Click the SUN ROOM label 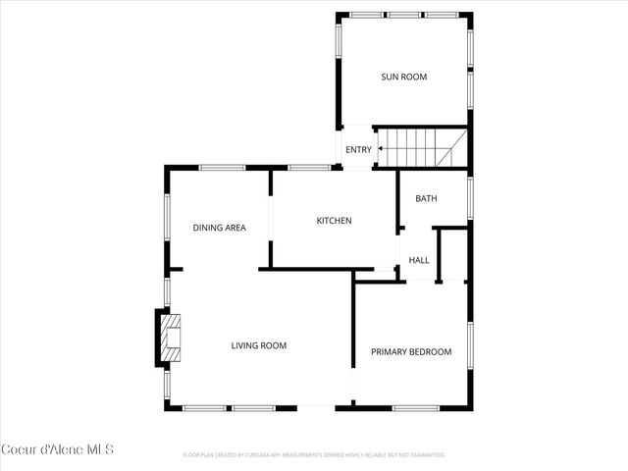click(x=403, y=77)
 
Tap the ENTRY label click(x=358, y=150)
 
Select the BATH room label click(x=426, y=198)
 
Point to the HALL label click(x=419, y=260)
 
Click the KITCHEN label click(x=334, y=221)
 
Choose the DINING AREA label click(x=219, y=228)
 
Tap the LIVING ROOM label click(x=258, y=345)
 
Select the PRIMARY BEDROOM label click(x=410, y=352)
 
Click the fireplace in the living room click(x=169, y=337)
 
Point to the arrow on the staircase click(x=391, y=150)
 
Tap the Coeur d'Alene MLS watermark click(x=58, y=449)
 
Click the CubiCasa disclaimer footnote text click(x=314, y=455)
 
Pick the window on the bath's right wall click(x=471, y=196)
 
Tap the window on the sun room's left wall click(x=339, y=54)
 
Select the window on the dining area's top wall click(x=222, y=168)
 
